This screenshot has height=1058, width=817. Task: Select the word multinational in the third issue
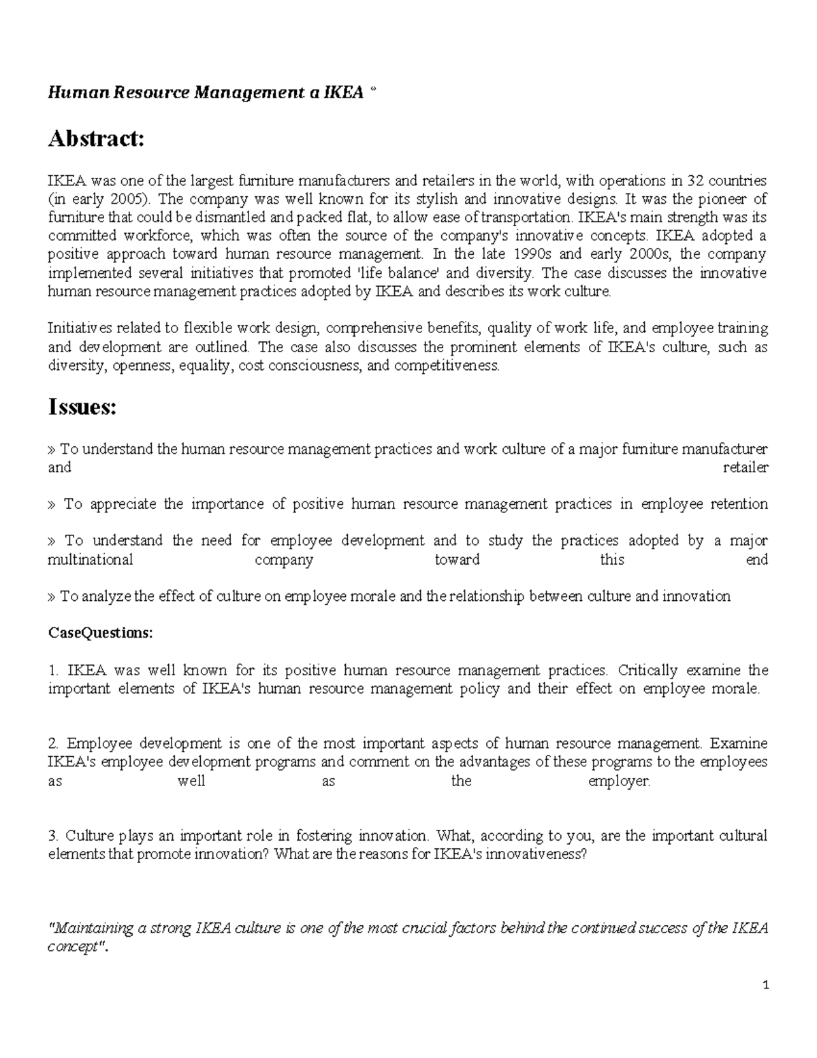90,559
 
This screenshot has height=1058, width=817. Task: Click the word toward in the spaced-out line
457,559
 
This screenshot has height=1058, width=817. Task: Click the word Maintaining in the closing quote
93,929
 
